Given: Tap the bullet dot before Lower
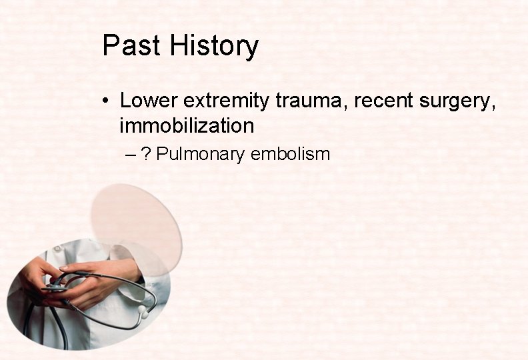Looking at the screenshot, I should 107,102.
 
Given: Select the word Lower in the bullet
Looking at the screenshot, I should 149,101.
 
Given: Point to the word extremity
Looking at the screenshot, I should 226,101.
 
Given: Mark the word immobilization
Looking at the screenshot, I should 187,125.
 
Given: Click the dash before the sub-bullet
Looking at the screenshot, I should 130,155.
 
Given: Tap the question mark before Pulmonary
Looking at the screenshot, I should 145,154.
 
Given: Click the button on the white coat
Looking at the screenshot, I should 58,249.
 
